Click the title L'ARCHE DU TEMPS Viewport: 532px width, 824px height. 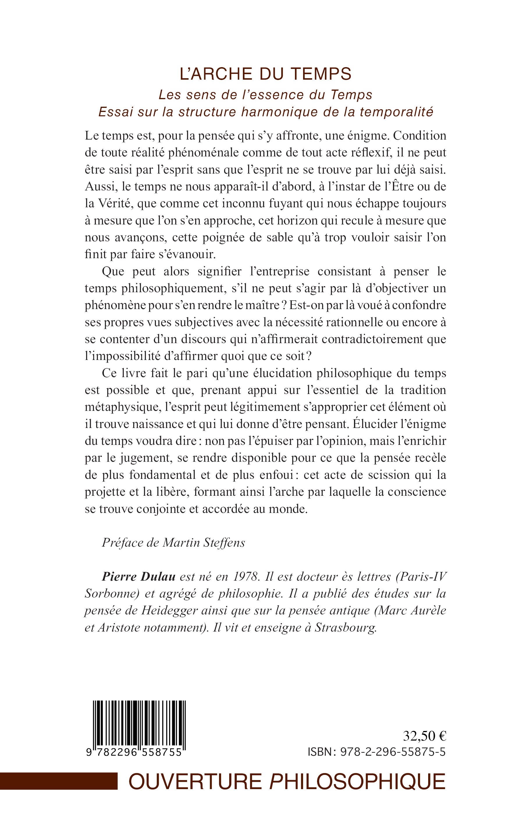coord(266,74)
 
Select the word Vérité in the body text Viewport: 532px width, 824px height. coord(113,204)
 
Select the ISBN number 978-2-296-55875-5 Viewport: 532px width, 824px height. coord(392,752)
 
